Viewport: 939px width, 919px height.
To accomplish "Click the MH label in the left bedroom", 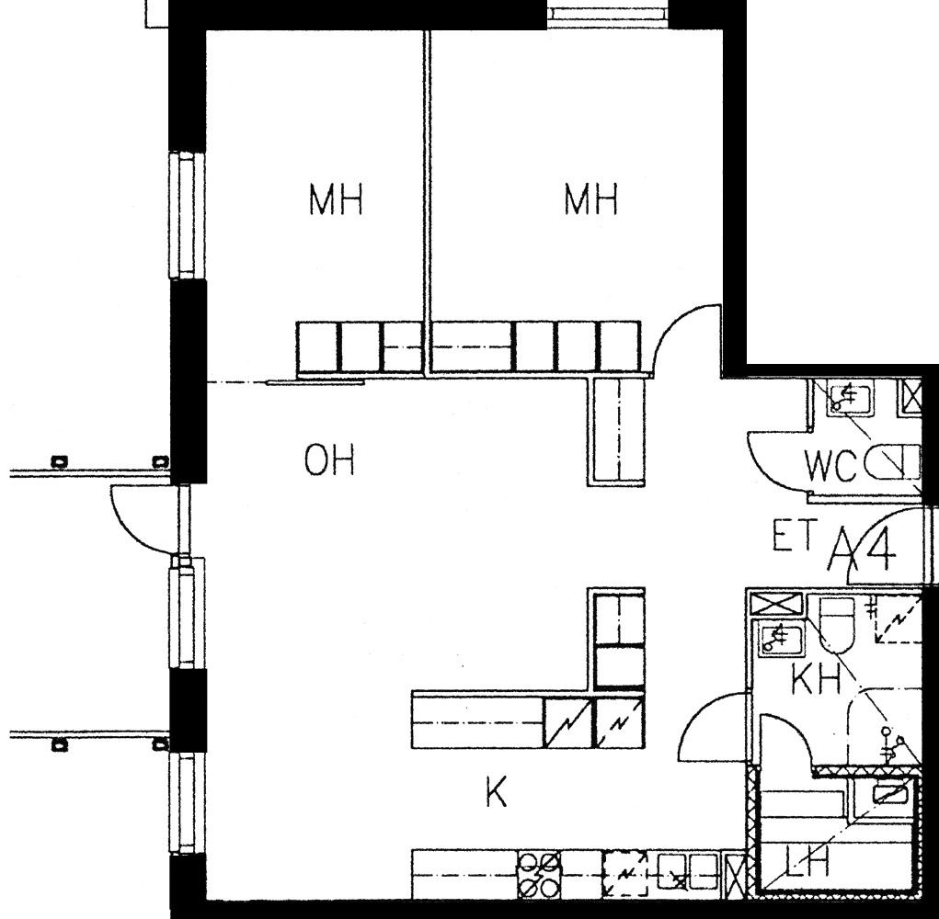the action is [336, 199].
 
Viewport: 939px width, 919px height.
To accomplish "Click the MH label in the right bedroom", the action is [591, 199].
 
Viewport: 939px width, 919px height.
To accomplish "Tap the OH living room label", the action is [329, 459].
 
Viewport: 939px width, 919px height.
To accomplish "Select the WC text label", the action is [830, 466].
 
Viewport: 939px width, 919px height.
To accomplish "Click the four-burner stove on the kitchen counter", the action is [539, 875].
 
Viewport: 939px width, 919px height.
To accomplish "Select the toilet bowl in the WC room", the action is [892, 462].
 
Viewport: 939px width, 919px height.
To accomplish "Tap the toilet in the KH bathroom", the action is [835, 624].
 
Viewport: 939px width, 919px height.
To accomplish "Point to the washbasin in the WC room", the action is [848, 399].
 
